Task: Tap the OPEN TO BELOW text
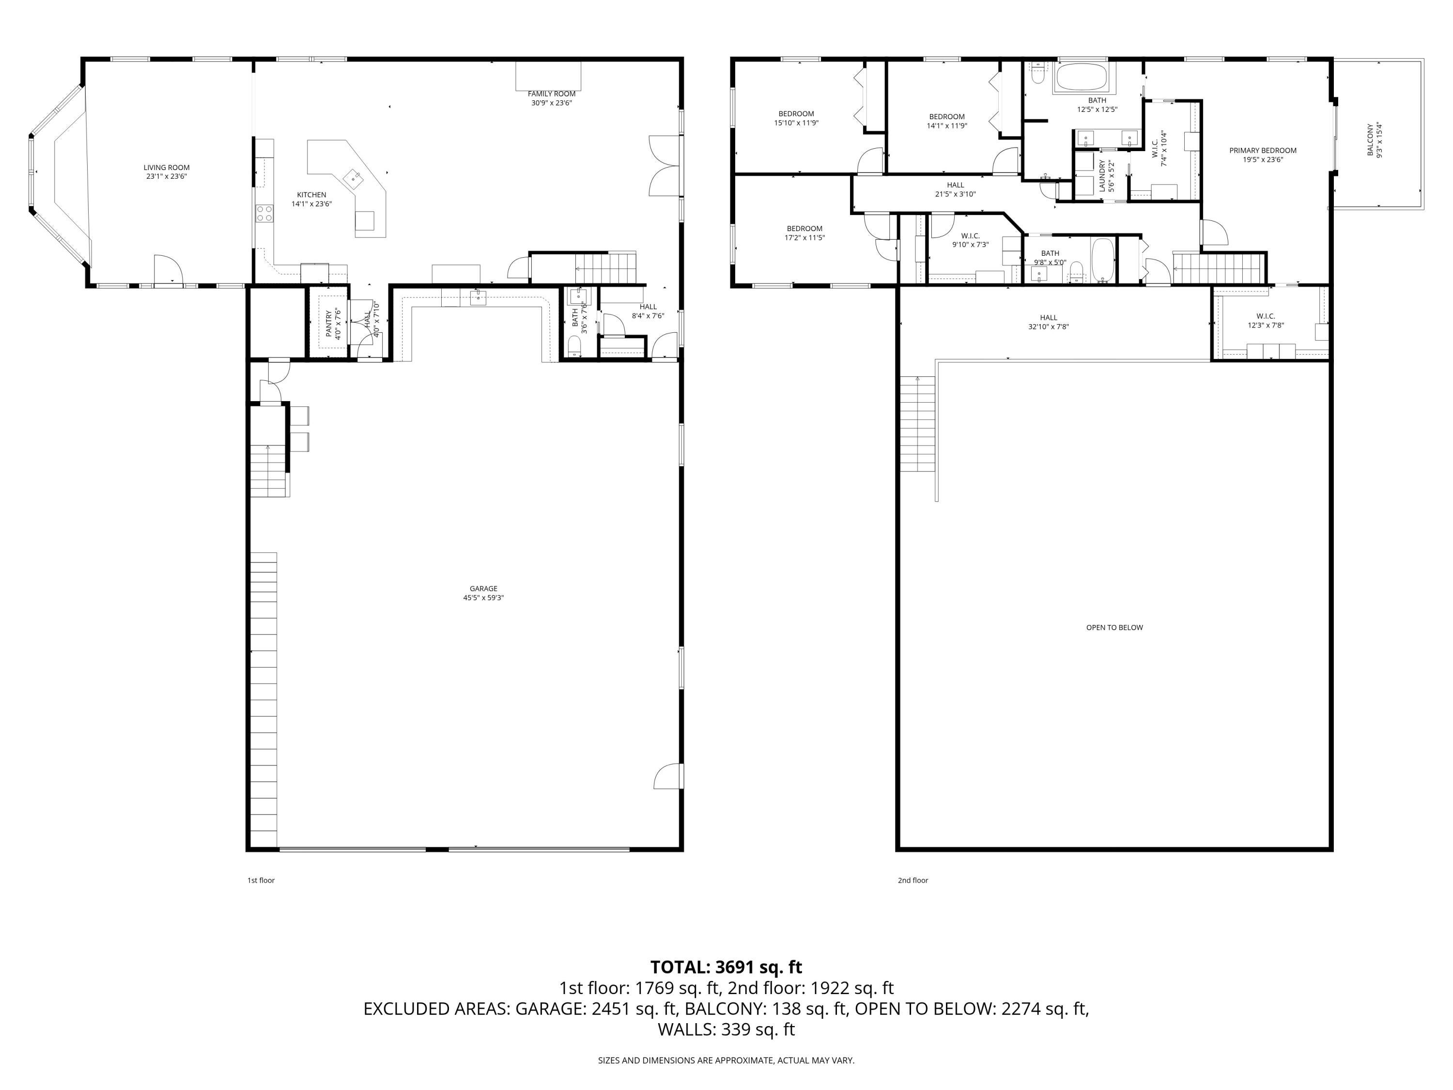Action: (1115, 627)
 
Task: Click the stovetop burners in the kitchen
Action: (265, 213)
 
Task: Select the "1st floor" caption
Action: (261, 880)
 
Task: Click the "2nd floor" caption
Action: (913, 880)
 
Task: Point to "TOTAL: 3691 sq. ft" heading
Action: (726, 967)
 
